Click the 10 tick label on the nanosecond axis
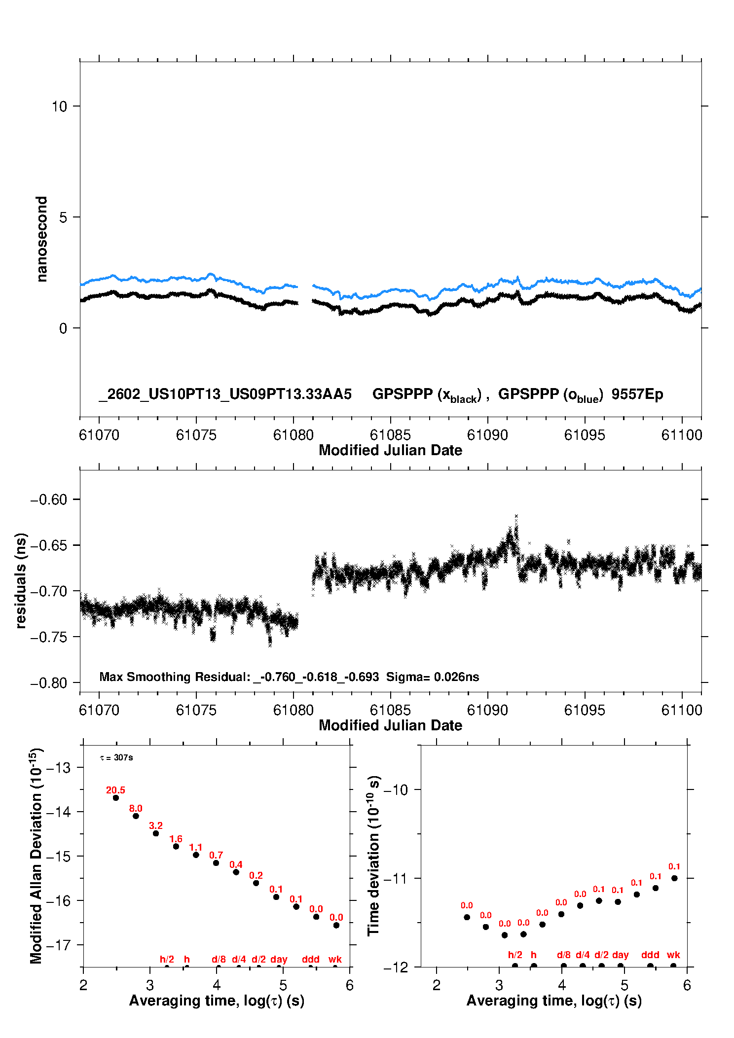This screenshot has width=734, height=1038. click(x=59, y=107)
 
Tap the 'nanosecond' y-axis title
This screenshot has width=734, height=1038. click(x=41, y=239)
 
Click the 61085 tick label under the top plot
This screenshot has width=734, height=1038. click(x=390, y=435)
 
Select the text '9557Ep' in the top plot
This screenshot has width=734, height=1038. click(x=637, y=394)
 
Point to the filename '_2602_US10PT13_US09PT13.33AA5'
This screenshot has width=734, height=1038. click(x=225, y=394)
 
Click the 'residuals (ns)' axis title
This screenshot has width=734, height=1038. click(x=21, y=580)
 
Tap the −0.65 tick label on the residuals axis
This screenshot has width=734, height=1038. click(x=48, y=545)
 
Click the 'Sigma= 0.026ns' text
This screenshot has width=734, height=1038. click(x=433, y=677)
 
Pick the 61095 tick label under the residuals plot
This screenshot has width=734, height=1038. click(x=584, y=710)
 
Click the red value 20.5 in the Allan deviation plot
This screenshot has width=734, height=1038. click(x=115, y=790)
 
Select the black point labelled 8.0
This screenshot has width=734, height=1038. click(x=136, y=816)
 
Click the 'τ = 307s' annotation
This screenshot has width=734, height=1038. click(x=116, y=758)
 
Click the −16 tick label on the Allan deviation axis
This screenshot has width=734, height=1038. click(x=58, y=901)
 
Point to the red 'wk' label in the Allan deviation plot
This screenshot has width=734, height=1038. click(x=335, y=959)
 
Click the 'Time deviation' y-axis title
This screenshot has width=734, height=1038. click(x=373, y=856)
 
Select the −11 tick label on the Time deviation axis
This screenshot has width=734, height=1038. click(x=396, y=878)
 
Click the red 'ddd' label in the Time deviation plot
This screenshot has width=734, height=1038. click(x=650, y=955)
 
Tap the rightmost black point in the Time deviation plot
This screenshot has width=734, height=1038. click(x=674, y=878)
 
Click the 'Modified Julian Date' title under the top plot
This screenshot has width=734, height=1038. click(x=390, y=450)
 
